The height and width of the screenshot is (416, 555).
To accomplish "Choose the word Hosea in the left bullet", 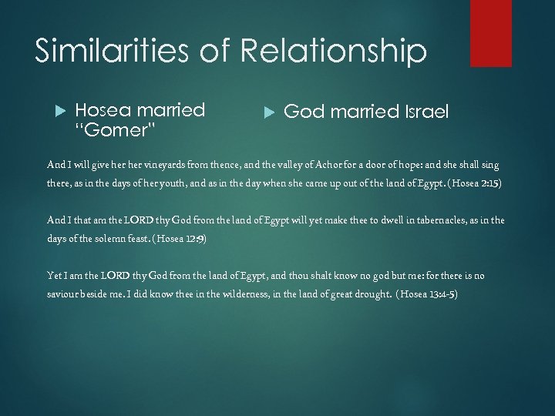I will pyautogui.click(x=102, y=109).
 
